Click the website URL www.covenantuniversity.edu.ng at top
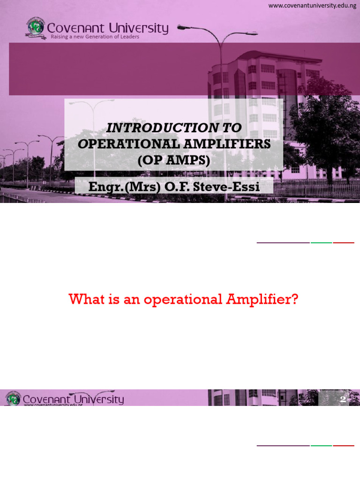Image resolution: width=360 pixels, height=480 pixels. click(312, 6)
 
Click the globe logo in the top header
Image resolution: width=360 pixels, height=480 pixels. click(36, 29)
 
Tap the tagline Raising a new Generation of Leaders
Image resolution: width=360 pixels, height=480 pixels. click(95, 37)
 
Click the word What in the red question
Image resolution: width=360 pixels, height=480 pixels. click(85, 300)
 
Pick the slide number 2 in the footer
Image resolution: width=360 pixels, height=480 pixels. click(343, 399)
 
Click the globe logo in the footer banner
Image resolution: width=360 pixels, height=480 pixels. click(13, 398)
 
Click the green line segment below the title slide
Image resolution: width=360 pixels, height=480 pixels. click(321, 243)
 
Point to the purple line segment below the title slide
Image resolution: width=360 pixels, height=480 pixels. click(283, 243)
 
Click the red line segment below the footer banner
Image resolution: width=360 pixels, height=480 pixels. click(344, 445)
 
